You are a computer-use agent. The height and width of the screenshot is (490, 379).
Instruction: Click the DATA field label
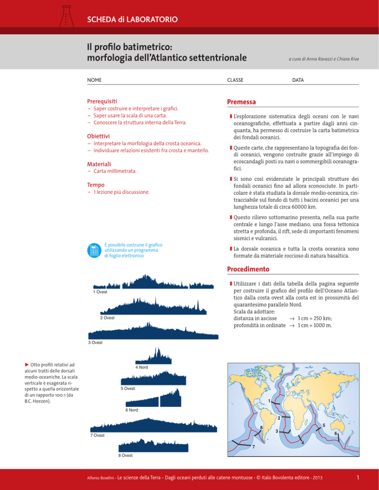tap(298, 79)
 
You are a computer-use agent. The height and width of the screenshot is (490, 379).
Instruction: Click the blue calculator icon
tap(93, 250)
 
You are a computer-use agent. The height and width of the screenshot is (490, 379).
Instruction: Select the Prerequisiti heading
tap(105, 101)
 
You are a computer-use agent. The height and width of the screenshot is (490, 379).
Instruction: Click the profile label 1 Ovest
tap(100, 292)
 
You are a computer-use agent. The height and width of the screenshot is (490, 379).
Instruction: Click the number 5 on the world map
tap(323, 426)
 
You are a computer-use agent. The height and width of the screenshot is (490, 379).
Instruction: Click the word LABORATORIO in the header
tap(152, 20)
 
